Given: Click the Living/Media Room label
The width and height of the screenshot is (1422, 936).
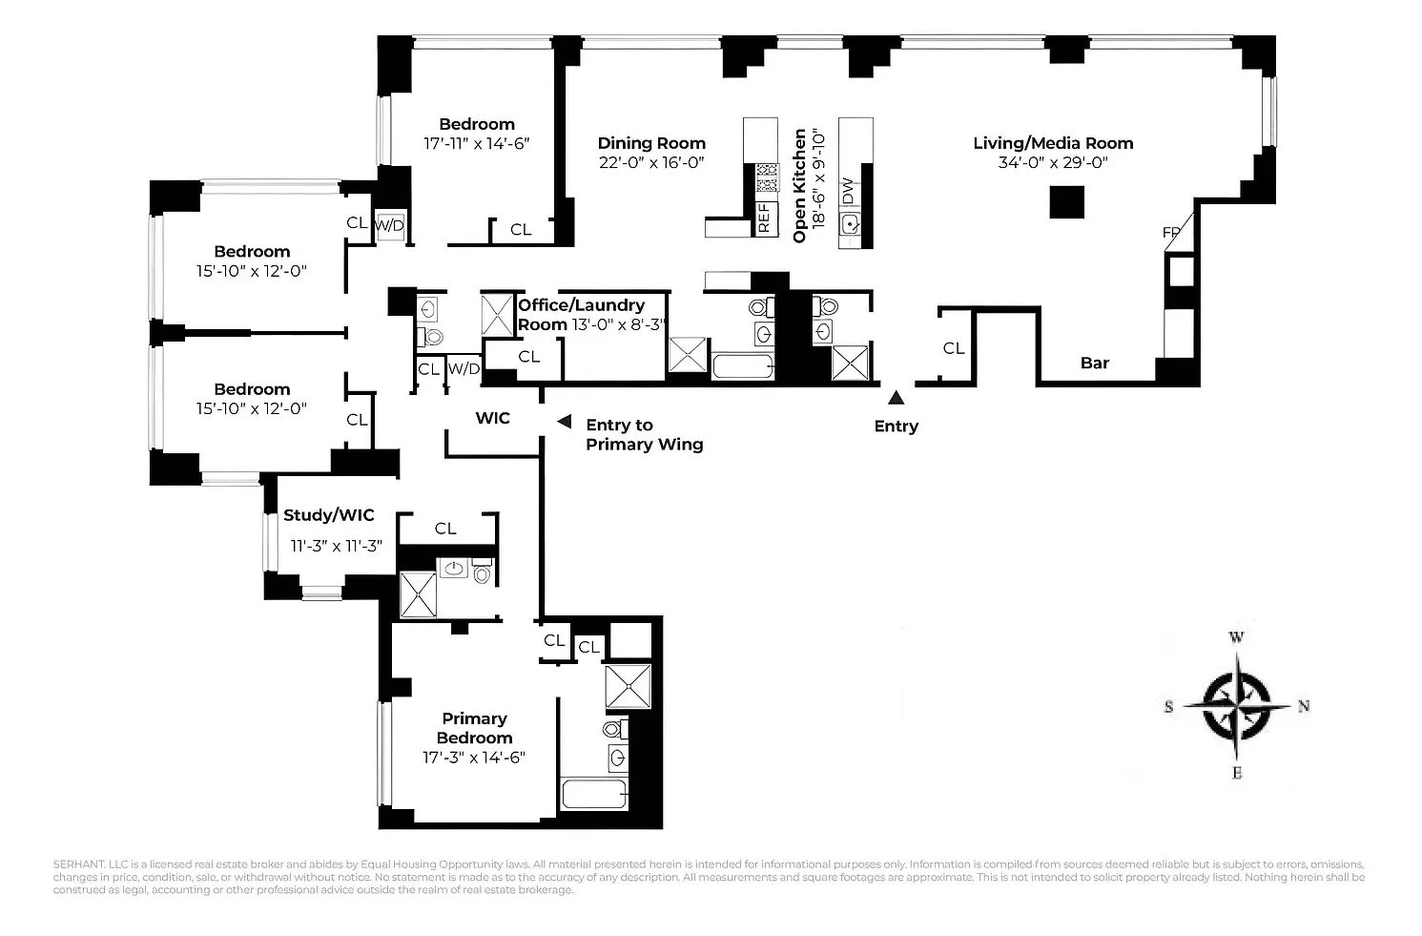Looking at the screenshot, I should point(1053,143).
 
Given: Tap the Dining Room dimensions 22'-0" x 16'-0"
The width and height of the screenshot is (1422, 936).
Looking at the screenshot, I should point(651,162).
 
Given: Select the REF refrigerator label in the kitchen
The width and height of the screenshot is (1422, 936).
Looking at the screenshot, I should point(763,218).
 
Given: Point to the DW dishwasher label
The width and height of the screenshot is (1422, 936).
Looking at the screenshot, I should point(847,191).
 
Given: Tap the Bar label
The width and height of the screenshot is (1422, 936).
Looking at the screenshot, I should point(1095,363).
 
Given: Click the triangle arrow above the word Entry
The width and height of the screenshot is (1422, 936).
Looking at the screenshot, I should point(896,398).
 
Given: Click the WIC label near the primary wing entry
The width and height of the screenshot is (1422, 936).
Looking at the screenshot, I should point(493,418).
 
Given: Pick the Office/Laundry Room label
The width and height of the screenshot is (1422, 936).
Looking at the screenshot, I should point(581,314).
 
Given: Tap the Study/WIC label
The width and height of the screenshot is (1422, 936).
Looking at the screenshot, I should point(329,515).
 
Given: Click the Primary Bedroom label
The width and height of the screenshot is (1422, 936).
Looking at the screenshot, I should point(474,728).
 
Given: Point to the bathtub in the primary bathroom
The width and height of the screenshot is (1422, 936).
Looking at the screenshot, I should point(594,794).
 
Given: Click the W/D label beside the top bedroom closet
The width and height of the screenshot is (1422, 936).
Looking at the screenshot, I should point(389,225).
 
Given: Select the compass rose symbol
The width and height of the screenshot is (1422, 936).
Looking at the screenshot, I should point(1236,706).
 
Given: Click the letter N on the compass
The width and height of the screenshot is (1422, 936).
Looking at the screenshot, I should point(1304,706).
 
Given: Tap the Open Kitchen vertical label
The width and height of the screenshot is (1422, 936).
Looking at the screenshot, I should point(800,185).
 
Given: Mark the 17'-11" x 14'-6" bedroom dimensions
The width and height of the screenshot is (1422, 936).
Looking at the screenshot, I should point(476,143).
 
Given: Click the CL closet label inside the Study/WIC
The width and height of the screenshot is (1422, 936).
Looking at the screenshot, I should point(445,529).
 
